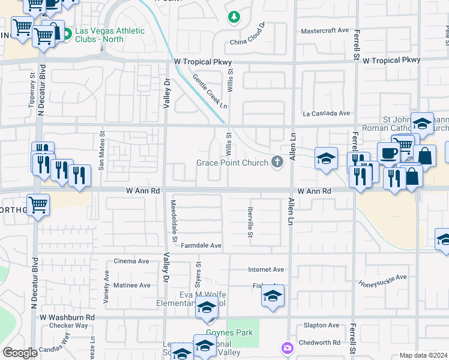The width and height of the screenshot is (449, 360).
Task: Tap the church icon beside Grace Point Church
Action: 277,161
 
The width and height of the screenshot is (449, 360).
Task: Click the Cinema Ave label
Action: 131,261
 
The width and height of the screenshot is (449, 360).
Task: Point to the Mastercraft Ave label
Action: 325,30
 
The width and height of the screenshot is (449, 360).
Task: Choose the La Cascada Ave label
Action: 326,113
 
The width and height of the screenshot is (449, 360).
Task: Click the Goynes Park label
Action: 229,332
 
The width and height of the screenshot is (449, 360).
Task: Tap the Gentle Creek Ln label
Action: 210,91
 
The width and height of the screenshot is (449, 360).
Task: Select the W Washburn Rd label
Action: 67,317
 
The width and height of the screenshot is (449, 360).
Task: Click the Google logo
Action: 19,353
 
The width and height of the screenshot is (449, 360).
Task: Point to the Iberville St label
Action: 250,222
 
